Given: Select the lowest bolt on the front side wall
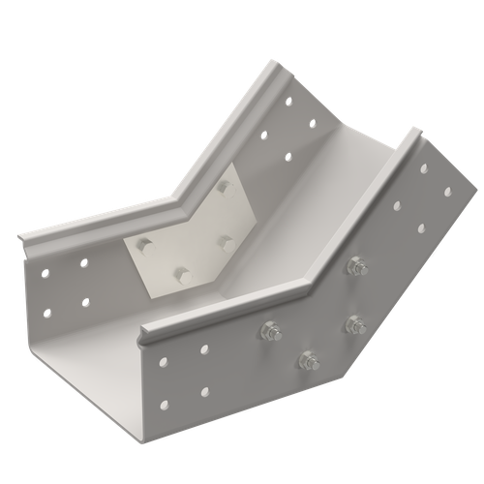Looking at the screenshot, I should tap(309, 362).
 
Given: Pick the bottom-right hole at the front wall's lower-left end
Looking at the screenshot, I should tap(205, 391).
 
